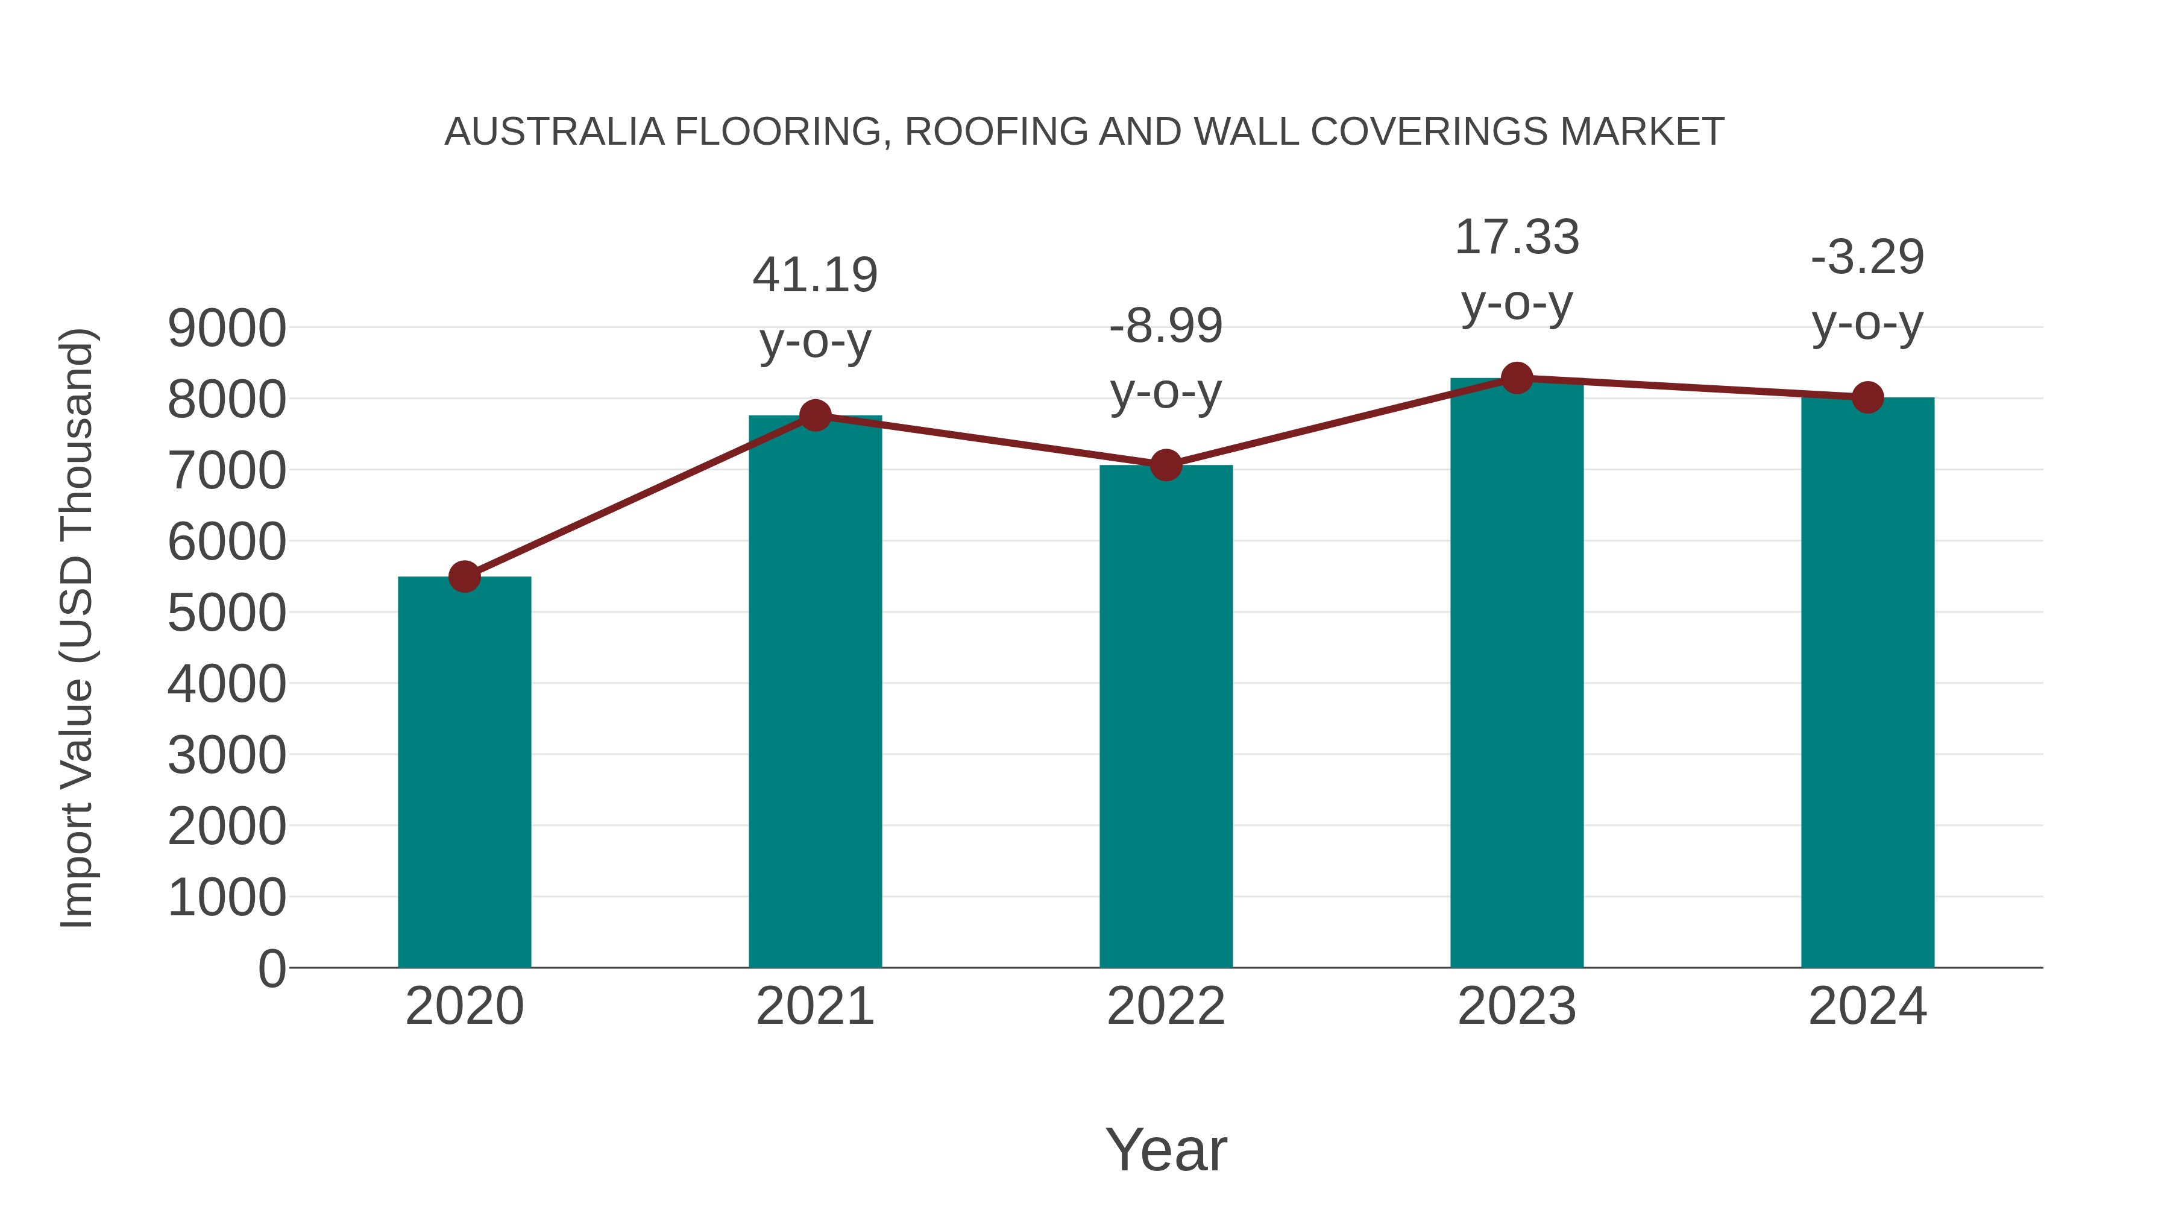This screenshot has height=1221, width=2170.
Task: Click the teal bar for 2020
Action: pyautogui.click(x=464, y=771)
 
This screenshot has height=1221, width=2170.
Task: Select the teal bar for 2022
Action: pyautogui.click(x=1166, y=716)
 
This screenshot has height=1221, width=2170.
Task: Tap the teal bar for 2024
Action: pyautogui.click(x=1867, y=683)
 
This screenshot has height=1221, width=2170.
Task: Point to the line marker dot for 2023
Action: pyautogui.click(x=1517, y=378)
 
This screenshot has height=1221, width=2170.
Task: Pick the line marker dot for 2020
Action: pyautogui.click(x=464, y=577)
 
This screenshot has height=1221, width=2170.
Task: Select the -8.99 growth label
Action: pyautogui.click(x=1166, y=326)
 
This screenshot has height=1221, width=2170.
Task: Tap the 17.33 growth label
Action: pyautogui.click(x=1517, y=238)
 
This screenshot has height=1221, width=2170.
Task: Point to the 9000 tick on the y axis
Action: pyautogui.click(x=227, y=329)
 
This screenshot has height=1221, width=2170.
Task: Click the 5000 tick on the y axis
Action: pyautogui.click(x=227, y=613)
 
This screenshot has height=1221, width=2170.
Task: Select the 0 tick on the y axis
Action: pyautogui.click(x=272, y=969)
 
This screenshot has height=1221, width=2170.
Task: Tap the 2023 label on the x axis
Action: pyautogui.click(x=1517, y=1006)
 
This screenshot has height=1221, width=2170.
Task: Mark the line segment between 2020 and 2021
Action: pyautogui.click(x=640, y=496)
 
